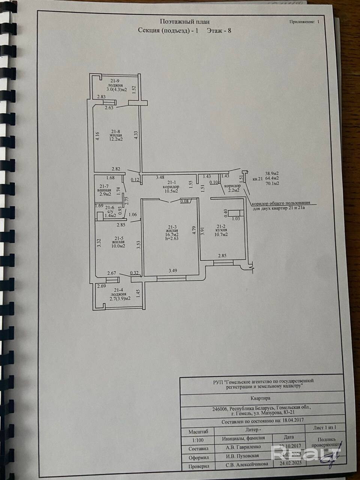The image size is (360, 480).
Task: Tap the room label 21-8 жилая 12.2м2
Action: coord(115,135)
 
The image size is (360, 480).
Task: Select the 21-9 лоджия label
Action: coord(115,85)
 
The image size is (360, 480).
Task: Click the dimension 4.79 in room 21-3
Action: coord(194,229)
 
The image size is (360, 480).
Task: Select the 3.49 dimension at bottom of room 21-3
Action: coord(173,270)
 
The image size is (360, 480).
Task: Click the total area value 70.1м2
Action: coord(273,184)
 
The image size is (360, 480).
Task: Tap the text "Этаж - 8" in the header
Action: coord(219,31)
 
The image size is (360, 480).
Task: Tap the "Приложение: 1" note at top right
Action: coord(305,22)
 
